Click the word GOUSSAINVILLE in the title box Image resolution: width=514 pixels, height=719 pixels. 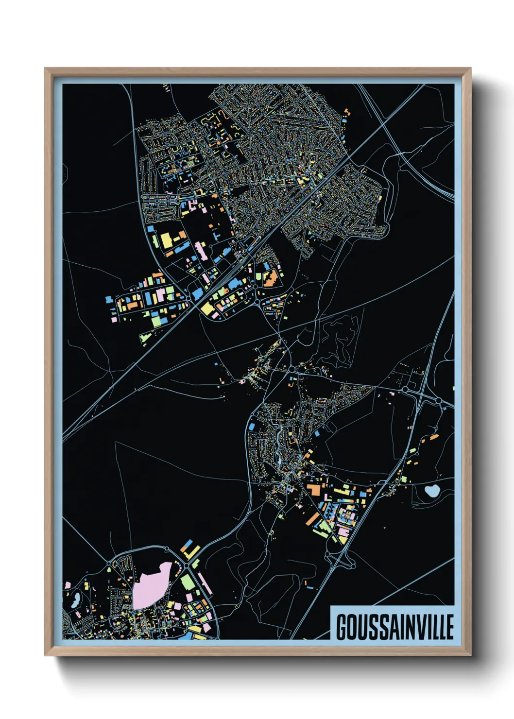[x=394, y=627]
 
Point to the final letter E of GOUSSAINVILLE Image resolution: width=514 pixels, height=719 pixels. [x=449, y=627]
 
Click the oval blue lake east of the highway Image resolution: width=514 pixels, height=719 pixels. [x=431, y=491]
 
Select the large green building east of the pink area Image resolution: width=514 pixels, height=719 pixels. [x=188, y=582]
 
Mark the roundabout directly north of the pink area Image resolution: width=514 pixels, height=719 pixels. [x=167, y=549]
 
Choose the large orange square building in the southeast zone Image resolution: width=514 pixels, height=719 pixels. [x=313, y=490]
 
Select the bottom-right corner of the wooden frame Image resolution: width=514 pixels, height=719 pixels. [x=470, y=654]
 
